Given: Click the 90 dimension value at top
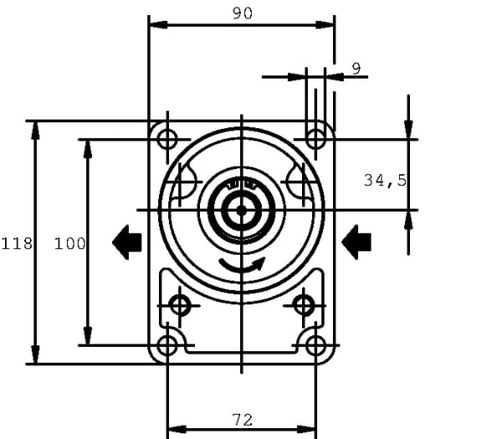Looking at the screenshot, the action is (x=243, y=13).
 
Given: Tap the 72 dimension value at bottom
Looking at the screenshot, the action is (x=243, y=420).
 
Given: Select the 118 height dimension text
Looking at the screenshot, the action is (x=17, y=244).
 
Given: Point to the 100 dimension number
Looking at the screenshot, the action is (x=69, y=244).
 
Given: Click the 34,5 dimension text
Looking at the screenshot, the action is (x=385, y=180).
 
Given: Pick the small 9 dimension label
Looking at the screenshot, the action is (x=356, y=69).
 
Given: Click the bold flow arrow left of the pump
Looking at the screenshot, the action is (x=127, y=242).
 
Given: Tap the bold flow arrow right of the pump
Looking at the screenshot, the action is (x=356, y=242).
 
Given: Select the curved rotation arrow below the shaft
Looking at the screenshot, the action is (x=243, y=266).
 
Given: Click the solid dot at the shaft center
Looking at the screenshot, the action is (x=242, y=210).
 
